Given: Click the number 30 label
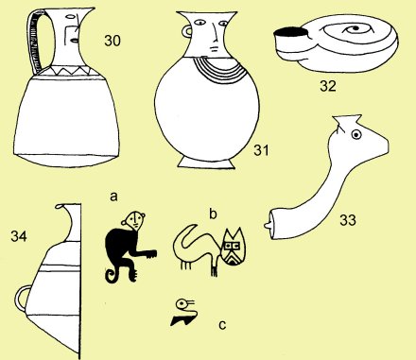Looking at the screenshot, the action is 113,41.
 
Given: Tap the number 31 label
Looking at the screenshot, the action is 262,150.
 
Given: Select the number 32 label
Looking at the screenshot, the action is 328,86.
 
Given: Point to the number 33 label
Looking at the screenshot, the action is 348,220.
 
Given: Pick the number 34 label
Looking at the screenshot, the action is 19,236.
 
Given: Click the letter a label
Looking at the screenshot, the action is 113,197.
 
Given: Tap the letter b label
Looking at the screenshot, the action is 214,214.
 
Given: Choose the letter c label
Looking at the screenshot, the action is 222,325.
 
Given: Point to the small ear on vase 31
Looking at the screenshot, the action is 186,31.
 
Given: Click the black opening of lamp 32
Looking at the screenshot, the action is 290,31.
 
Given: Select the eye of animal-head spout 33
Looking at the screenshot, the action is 356,135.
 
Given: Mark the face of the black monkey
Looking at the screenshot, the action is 135,220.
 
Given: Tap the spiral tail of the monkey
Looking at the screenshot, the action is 112,275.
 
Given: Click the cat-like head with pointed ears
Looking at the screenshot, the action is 234,248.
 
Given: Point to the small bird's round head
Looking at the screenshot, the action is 182,304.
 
